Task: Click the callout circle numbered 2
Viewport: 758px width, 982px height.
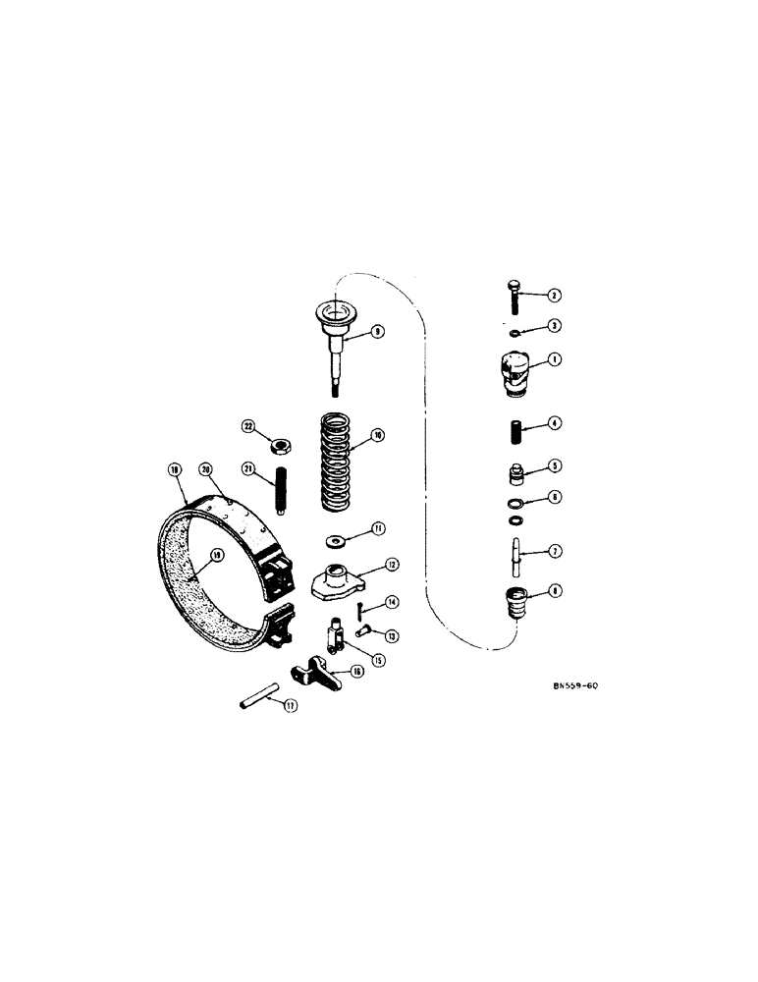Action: click(554, 295)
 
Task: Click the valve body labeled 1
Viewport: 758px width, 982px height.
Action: click(515, 374)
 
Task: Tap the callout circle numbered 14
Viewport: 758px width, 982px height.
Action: click(391, 602)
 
